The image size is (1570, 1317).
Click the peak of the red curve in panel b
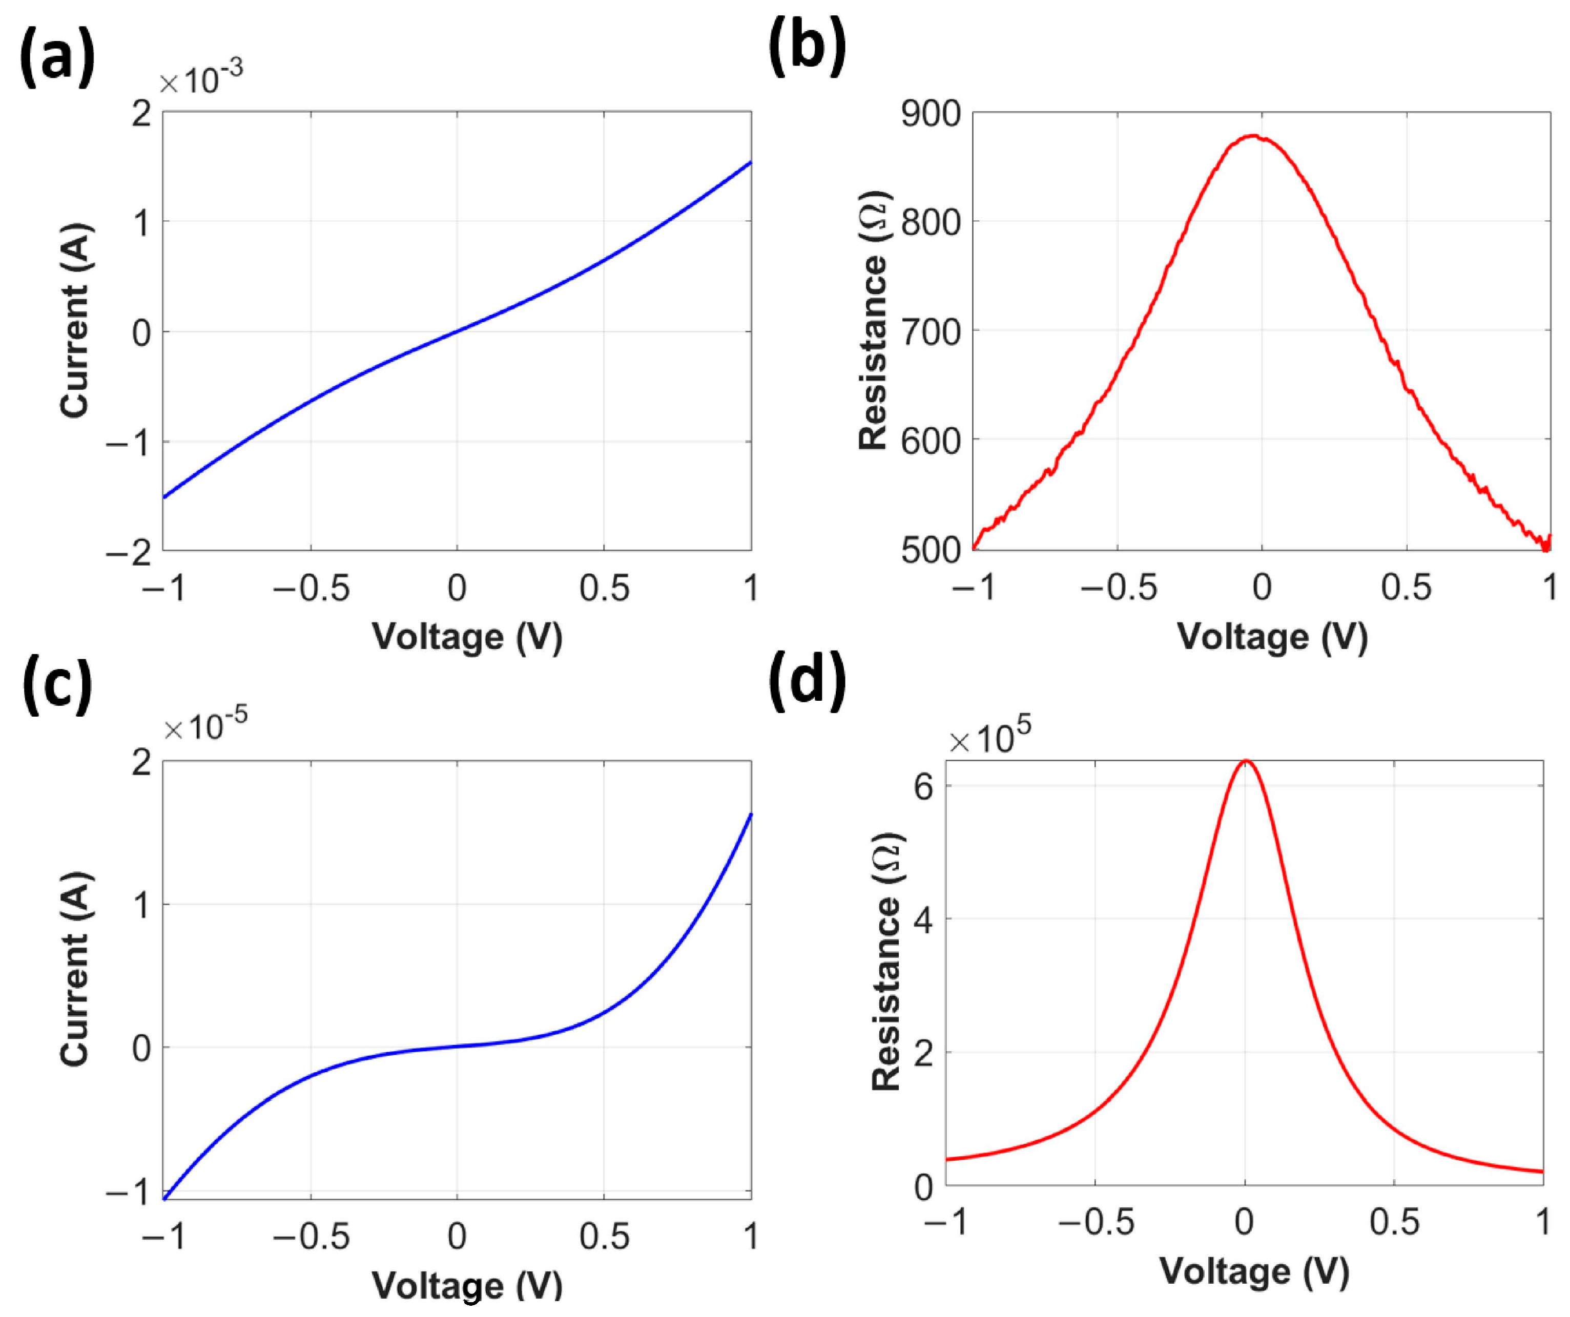(x=1254, y=136)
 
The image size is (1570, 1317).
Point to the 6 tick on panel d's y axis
(x=925, y=787)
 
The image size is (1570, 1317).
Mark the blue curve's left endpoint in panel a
(x=164, y=497)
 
